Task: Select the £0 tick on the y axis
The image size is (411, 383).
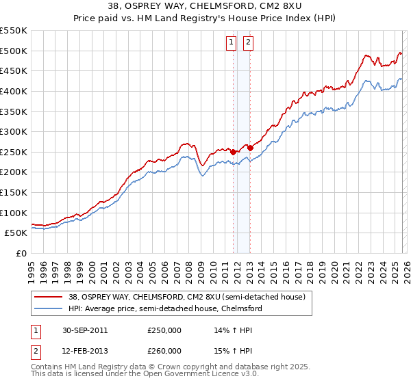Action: [21, 253]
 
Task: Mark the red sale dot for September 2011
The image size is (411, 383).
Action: [234, 152]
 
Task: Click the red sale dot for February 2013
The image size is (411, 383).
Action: [250, 148]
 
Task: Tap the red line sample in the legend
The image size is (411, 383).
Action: [49, 296]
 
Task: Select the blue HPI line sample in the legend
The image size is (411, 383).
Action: [49, 308]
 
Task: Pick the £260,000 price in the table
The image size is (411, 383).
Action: [164, 351]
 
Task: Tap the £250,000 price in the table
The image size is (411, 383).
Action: [164, 330]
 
